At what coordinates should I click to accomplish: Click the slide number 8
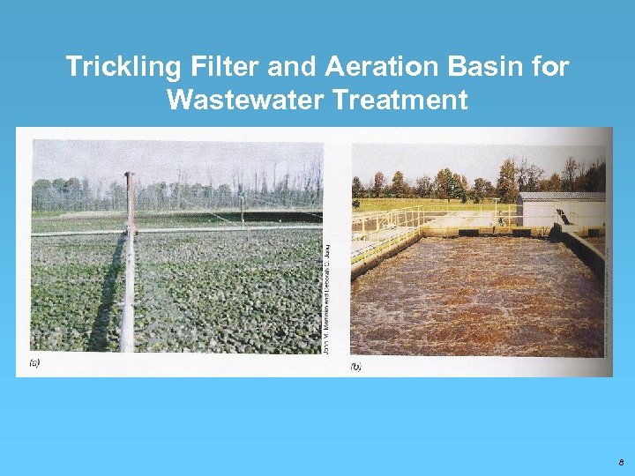point(621,461)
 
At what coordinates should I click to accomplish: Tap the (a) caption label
point(34,361)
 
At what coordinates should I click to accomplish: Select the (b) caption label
point(356,365)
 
